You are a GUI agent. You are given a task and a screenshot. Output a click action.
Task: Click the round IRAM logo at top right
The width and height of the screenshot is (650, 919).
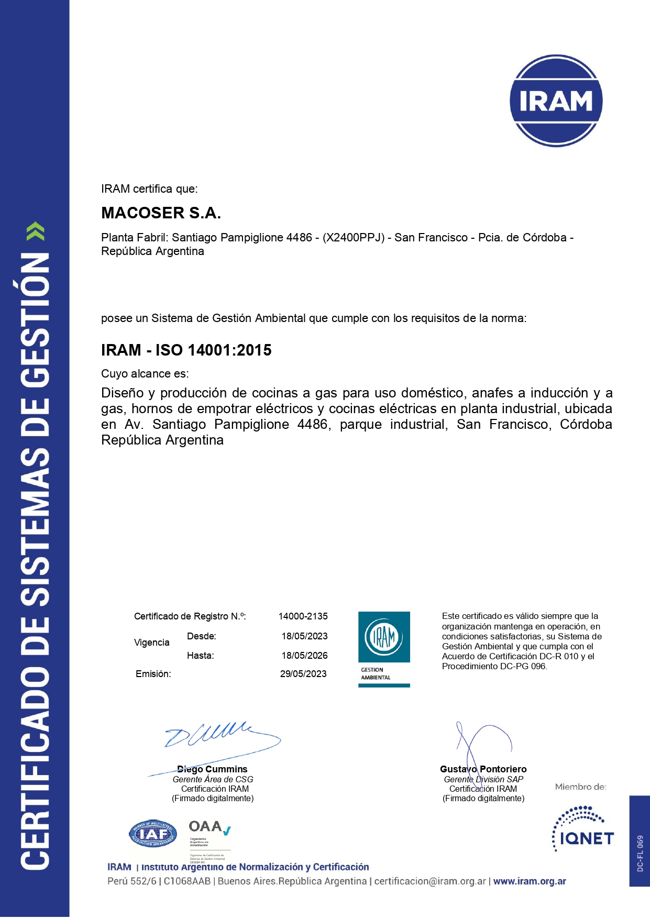point(556,101)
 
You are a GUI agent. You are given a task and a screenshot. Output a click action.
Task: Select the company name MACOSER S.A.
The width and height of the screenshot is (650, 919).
point(161,213)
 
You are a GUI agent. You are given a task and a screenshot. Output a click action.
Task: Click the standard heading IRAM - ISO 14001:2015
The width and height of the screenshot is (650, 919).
point(186,350)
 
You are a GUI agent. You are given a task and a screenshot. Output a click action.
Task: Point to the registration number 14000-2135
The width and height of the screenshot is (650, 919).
point(303,616)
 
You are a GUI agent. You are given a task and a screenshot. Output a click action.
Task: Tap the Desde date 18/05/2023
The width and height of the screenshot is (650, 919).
point(304,636)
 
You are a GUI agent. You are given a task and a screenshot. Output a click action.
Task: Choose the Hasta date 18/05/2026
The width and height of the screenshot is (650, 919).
point(304,656)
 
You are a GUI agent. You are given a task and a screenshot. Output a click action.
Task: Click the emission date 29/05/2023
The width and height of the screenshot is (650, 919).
point(303,674)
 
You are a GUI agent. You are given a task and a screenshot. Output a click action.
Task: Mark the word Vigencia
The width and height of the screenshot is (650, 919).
point(151,643)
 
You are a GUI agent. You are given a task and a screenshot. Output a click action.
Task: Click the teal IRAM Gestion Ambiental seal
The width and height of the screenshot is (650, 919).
point(384,649)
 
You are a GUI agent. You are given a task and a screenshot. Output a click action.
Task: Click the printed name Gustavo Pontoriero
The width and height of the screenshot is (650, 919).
point(483,769)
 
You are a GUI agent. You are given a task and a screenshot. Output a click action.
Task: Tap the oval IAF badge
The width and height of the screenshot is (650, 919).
point(153,833)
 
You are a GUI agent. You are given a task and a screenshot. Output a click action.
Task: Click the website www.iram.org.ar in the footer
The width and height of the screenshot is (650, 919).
point(530,881)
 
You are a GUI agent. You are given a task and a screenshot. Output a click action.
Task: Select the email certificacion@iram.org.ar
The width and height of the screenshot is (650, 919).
point(430,881)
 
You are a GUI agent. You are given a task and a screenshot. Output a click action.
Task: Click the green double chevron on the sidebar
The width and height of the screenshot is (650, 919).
point(35,231)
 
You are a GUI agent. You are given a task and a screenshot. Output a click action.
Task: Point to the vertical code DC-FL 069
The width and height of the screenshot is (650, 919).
point(640,853)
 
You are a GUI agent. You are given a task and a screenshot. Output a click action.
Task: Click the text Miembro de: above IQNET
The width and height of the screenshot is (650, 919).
point(580,787)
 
